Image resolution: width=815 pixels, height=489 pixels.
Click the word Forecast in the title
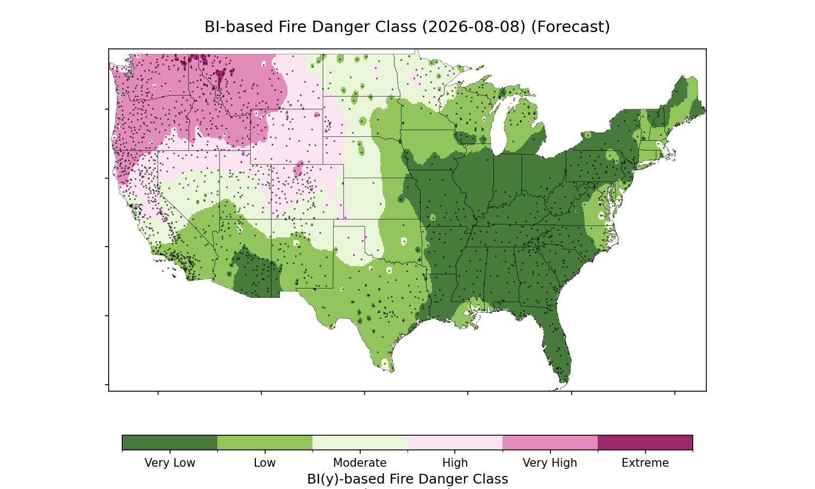[x=570, y=27]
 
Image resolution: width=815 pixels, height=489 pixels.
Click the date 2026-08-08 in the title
[x=474, y=27]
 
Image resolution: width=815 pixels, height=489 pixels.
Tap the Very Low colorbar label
[x=170, y=463]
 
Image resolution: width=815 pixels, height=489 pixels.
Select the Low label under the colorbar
[x=265, y=463]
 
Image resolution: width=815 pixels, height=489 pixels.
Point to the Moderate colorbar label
[x=360, y=463]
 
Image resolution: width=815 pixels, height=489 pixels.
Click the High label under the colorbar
[x=455, y=463]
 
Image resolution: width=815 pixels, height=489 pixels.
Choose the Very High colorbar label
[x=550, y=463]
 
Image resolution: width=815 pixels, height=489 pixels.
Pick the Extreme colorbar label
[x=645, y=463]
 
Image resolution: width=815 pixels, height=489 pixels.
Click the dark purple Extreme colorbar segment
[x=645, y=442]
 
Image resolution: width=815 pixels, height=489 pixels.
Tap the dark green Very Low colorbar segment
[x=170, y=442]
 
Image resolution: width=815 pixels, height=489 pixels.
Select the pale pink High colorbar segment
[x=455, y=442]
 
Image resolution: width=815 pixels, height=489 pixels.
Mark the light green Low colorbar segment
[x=265, y=442]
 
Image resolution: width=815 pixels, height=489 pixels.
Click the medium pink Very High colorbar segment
[x=550, y=442]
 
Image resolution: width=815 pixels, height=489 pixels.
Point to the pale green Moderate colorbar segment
[x=360, y=442]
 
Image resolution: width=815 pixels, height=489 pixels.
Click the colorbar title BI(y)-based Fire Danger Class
[x=407, y=479]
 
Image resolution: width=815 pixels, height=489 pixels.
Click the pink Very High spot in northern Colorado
[x=299, y=169]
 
